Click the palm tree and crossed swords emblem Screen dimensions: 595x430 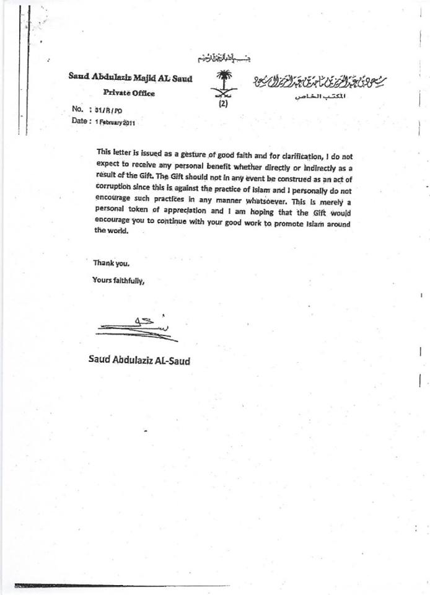[x=223, y=84]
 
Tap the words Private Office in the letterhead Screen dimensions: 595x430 [x=129, y=94]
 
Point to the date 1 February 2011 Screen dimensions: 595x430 [x=115, y=122]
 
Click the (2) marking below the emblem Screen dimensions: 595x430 [x=223, y=104]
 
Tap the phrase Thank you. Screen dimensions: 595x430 [x=111, y=262]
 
